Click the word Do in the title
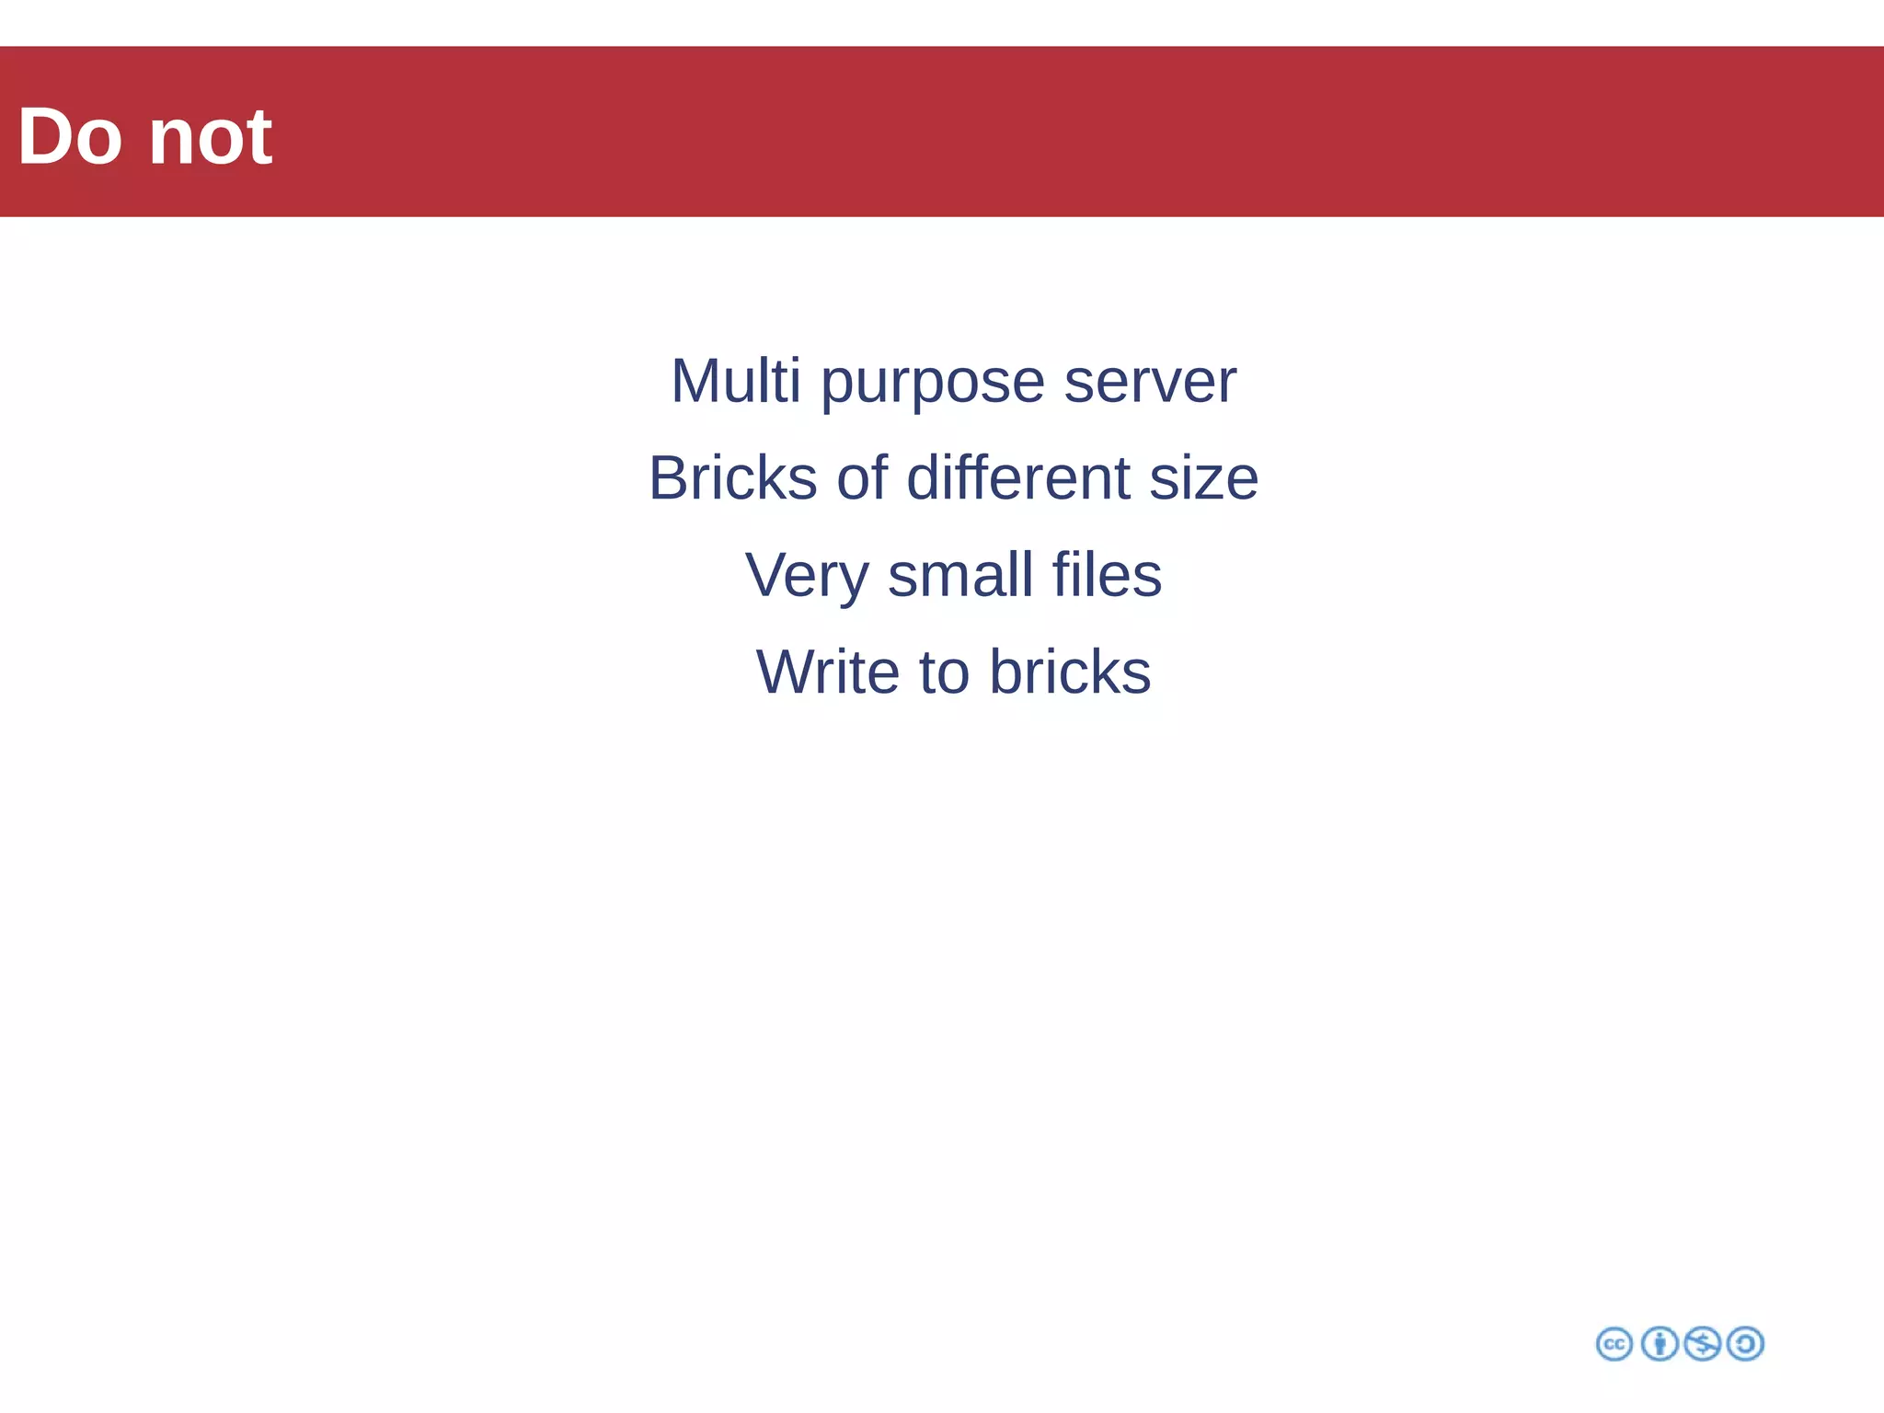click(x=69, y=137)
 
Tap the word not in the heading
click(x=210, y=137)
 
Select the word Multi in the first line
click(x=735, y=381)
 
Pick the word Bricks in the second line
click(x=732, y=478)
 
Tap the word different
click(x=1017, y=478)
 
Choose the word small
click(x=960, y=575)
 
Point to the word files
click(x=1107, y=575)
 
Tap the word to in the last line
click(x=944, y=672)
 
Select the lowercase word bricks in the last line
click(x=1070, y=672)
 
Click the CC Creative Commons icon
click(x=1614, y=1344)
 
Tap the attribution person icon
click(x=1660, y=1344)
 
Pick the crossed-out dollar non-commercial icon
click(x=1702, y=1344)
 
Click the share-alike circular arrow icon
click(x=1745, y=1344)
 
